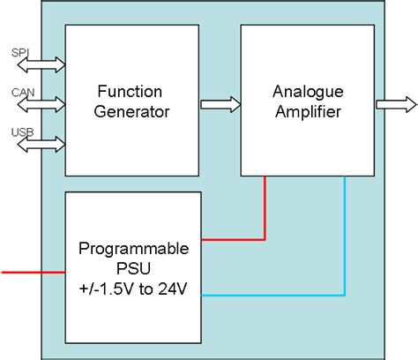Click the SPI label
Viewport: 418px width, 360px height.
[20, 52]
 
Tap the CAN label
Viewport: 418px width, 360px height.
[22, 93]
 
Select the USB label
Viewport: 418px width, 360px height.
[22, 132]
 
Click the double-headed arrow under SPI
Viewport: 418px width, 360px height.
[41, 64]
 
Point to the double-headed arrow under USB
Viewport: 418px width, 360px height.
[41, 145]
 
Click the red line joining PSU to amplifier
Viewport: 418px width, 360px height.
[234, 239]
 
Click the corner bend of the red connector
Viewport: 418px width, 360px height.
[265, 239]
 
